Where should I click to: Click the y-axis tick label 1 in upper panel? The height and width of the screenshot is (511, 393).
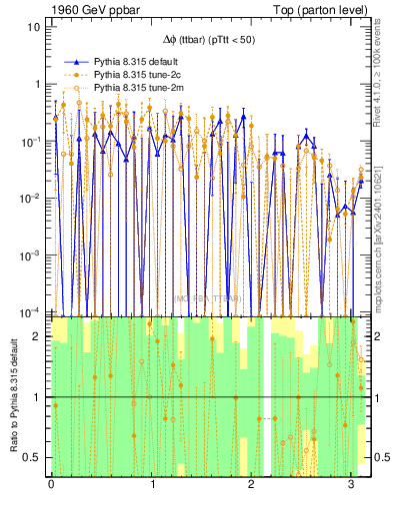pyautogui.click(x=37, y=84)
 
